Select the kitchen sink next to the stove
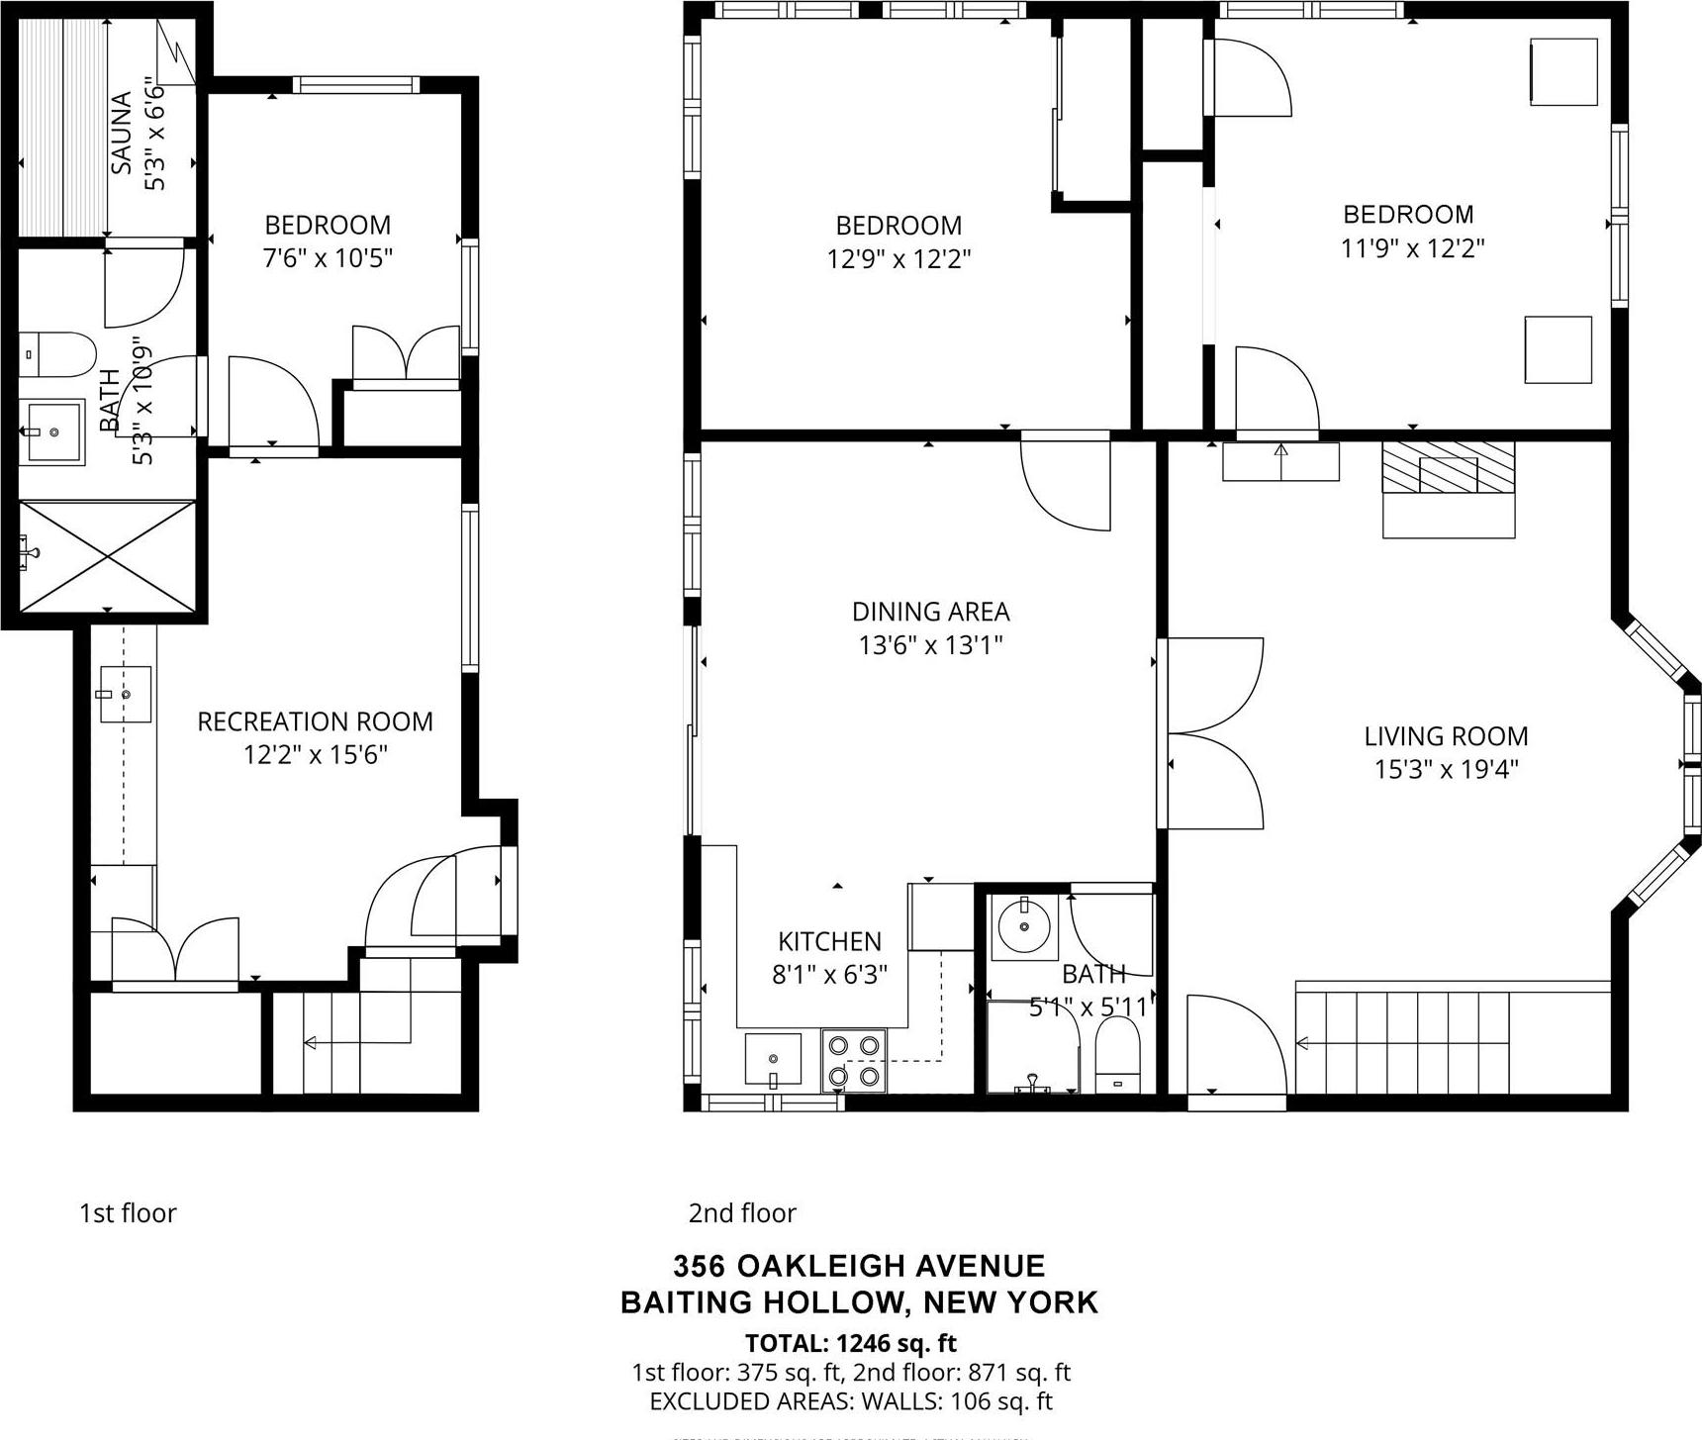tap(773, 1059)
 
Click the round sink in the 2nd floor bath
tap(1023, 927)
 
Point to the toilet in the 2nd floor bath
tap(1118, 1057)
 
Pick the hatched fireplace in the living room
tap(1448, 468)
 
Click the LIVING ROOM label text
tap(1446, 736)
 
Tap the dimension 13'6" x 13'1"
tap(930, 645)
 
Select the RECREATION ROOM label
tap(315, 721)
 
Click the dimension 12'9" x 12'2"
tap(898, 259)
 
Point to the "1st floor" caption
tap(128, 1213)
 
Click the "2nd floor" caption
tap(742, 1213)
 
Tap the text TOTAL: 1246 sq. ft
tap(851, 1343)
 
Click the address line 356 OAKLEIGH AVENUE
tap(859, 1266)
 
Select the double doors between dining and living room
tap(1212, 733)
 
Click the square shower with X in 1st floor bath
tap(107, 556)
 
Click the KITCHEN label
tap(829, 941)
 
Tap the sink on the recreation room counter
tap(125, 695)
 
